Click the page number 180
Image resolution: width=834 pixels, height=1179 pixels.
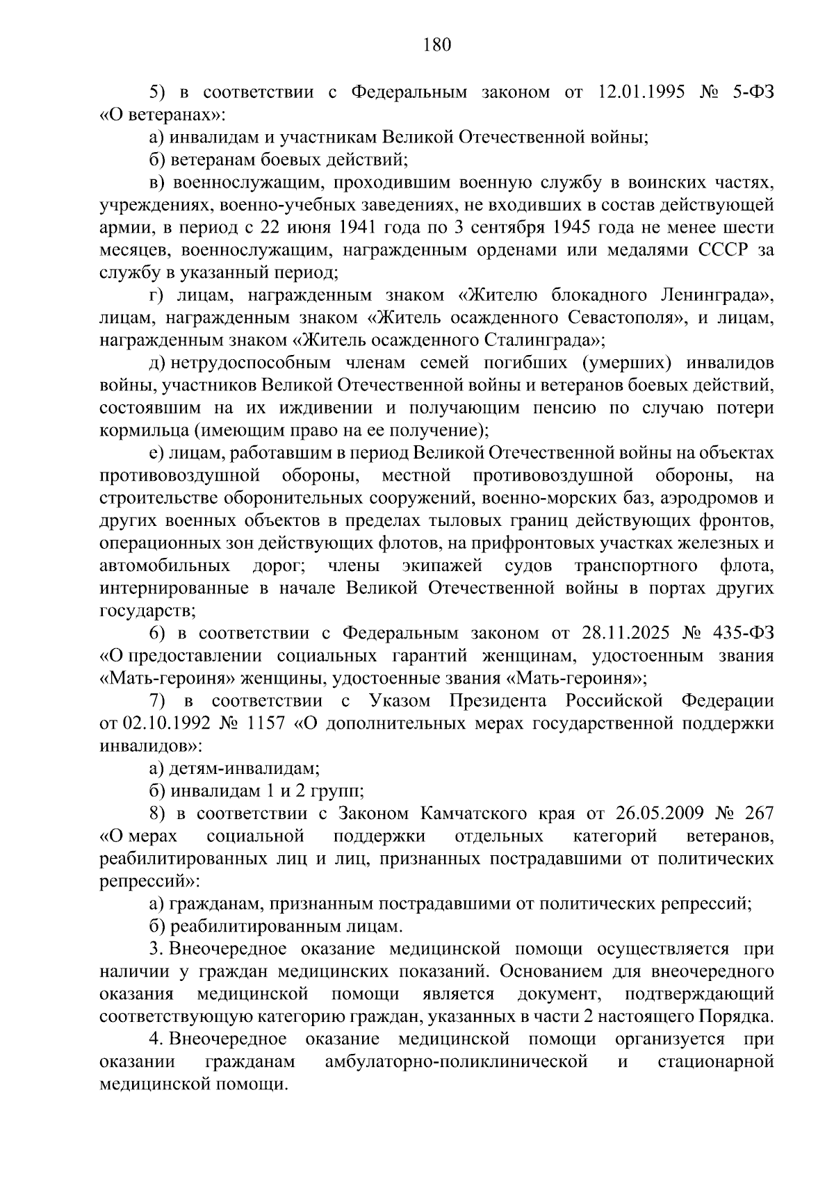[437, 46]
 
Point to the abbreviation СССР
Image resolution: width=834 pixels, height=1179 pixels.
[723, 250]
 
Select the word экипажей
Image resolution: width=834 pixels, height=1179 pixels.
[442, 566]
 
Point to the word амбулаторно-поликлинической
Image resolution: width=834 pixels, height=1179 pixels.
[456, 1062]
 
